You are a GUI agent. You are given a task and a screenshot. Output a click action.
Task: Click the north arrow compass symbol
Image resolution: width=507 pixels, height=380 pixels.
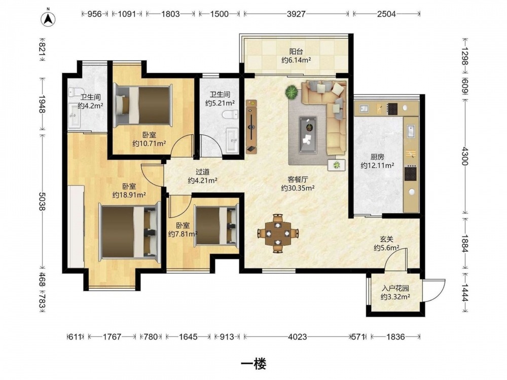[x=48, y=18]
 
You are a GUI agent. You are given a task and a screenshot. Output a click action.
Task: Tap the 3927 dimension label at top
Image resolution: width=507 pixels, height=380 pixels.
[x=296, y=14]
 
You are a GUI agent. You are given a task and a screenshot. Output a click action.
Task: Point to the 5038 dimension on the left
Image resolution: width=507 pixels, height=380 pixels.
[x=42, y=201]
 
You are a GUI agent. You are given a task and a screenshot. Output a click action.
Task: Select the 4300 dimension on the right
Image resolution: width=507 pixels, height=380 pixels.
[x=464, y=156]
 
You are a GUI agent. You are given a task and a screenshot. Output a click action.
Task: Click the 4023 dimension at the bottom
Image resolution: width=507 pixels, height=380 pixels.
[x=298, y=337]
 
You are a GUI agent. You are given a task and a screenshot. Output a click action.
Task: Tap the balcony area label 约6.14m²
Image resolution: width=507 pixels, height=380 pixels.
[x=296, y=60]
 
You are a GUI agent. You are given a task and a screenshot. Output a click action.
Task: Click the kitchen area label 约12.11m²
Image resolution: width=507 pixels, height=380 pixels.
[x=377, y=166]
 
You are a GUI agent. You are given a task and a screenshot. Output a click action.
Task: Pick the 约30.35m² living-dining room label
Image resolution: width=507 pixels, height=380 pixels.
[x=298, y=188]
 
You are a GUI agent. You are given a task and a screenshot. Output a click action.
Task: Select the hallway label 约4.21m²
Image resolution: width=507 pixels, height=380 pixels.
[x=202, y=180]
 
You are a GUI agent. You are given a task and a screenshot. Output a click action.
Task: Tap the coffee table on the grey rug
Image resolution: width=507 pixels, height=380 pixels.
[x=308, y=134]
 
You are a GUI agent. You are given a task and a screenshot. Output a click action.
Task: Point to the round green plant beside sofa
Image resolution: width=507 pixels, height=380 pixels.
[x=292, y=92]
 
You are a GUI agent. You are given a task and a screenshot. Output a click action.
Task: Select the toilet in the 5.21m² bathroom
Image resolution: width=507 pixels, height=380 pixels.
[x=230, y=115]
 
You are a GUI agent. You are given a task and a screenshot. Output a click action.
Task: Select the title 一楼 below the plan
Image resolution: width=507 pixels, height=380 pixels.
[x=253, y=364]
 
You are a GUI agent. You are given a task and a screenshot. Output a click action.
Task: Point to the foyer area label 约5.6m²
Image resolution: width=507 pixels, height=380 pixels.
[x=386, y=248]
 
